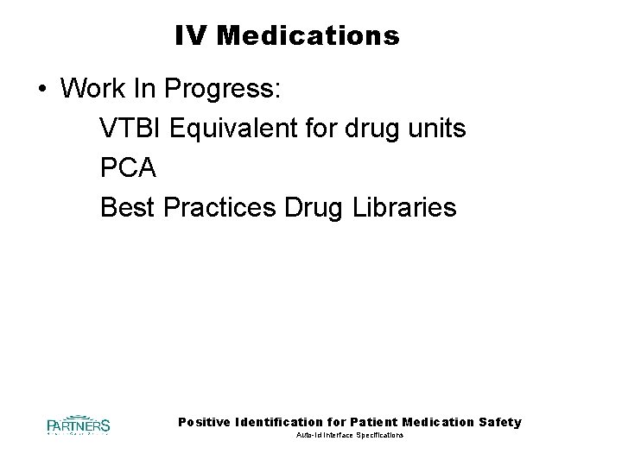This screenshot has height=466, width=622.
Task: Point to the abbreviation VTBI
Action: coord(131,129)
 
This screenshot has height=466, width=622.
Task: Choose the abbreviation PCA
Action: coord(128,168)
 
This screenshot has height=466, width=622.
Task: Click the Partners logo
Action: coord(78,425)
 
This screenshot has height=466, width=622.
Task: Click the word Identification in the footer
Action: coord(284,422)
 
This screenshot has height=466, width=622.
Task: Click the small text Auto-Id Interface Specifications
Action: coord(349,436)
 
